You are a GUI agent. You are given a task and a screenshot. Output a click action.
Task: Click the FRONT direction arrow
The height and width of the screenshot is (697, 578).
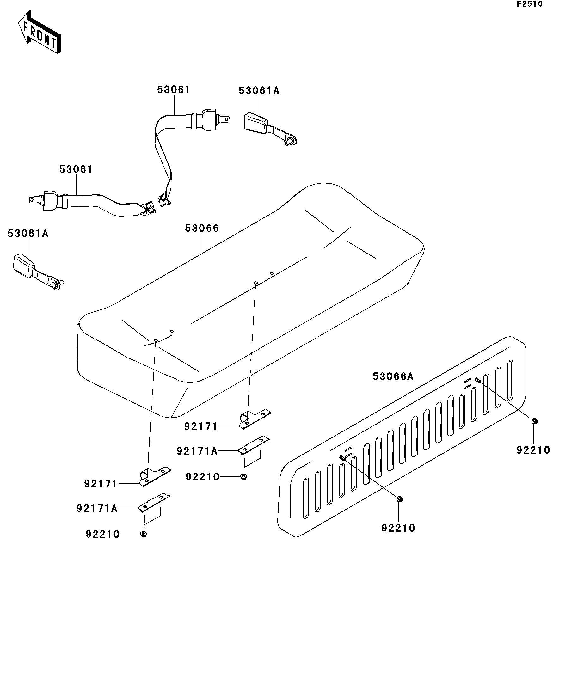click(x=40, y=33)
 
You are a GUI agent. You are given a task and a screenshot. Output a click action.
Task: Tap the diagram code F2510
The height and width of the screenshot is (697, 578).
click(x=529, y=4)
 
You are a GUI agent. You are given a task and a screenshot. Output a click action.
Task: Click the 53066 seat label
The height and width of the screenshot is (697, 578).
click(x=202, y=228)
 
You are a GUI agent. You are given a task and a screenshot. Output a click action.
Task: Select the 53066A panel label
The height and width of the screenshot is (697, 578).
click(x=393, y=376)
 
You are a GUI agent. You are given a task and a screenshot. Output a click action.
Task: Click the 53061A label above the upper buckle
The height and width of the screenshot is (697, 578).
click(x=259, y=91)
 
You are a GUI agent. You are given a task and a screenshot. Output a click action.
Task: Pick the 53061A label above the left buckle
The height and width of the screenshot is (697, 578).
click(x=28, y=234)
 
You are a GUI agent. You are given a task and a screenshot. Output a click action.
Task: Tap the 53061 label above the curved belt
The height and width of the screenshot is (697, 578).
click(x=174, y=90)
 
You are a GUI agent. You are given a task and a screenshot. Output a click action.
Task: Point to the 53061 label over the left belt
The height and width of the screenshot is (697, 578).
click(x=76, y=169)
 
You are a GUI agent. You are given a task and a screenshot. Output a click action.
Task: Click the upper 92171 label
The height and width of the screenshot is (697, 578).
click(x=200, y=426)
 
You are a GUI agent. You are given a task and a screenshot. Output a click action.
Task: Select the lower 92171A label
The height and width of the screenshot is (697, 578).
click(x=97, y=509)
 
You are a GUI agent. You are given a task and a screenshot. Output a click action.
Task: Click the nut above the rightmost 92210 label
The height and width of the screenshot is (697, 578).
click(x=534, y=422)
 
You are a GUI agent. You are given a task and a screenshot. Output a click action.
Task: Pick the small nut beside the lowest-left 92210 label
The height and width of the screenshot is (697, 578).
click(x=144, y=534)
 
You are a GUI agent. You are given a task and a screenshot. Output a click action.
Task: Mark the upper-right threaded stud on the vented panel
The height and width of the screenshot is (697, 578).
click(x=477, y=380)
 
